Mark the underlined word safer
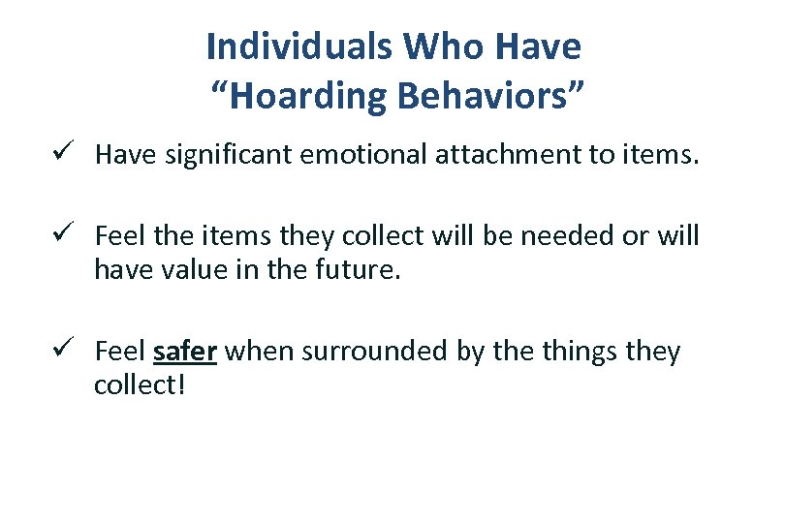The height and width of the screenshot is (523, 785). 184,352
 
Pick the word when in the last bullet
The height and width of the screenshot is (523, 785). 260,352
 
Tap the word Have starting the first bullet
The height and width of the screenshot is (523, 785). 120,156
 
